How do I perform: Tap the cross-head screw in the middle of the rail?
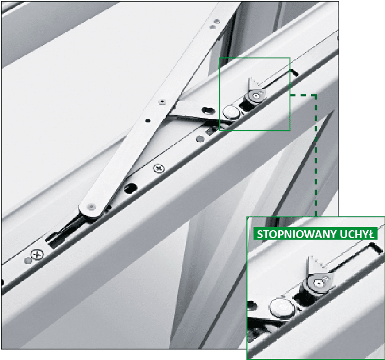coord(158,168)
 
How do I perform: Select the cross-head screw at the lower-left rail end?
coord(37,254)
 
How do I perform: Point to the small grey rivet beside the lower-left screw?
coord(28,260)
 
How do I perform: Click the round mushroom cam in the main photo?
coord(231,112)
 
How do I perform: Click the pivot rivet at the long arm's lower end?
coord(91,207)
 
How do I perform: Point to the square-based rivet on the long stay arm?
coord(162,102)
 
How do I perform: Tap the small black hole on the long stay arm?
coord(147,120)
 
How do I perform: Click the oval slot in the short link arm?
coord(208,110)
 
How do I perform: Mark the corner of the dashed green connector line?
coord(316,95)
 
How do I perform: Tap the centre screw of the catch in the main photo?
coord(256,96)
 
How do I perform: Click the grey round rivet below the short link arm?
coord(201,140)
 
